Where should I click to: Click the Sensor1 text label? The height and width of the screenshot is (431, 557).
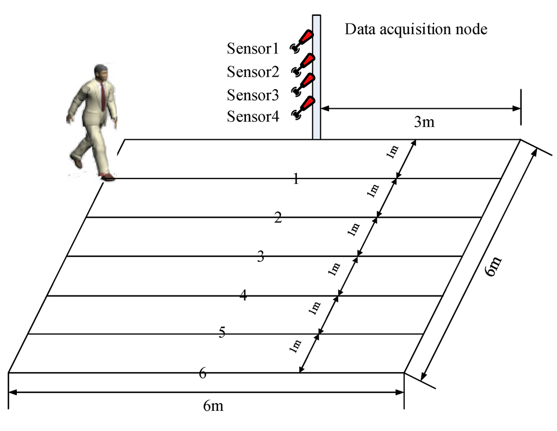(253, 49)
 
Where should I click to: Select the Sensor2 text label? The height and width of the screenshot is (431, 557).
(253, 72)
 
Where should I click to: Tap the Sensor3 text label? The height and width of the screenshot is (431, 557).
(253, 95)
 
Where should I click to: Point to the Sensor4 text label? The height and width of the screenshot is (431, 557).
(253, 117)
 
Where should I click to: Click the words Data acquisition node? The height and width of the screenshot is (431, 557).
(416, 29)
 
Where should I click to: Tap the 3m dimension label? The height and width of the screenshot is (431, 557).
(424, 122)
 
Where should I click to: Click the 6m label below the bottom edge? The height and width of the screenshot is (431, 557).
(213, 406)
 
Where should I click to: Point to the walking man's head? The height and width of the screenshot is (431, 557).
(101, 73)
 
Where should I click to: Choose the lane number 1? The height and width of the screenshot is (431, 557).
(296, 179)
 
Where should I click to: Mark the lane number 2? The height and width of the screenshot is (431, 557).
(278, 219)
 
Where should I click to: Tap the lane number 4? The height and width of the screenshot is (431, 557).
(243, 295)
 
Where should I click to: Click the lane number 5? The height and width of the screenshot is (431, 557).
(222, 333)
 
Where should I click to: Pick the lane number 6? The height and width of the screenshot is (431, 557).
(203, 373)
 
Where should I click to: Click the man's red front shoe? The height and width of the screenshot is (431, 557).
(107, 177)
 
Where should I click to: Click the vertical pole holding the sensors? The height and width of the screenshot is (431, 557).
(316, 76)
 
